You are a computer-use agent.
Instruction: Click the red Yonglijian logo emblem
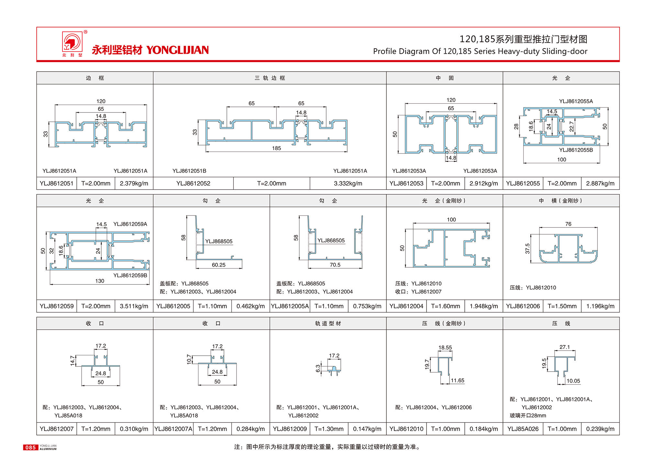[72, 42]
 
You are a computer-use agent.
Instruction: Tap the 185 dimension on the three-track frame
[276, 148]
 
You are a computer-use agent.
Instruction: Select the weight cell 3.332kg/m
[348, 183]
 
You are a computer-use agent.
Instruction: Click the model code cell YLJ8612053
[406, 183]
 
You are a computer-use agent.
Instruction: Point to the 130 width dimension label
[99, 281]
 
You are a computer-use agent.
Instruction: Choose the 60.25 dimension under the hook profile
[218, 265]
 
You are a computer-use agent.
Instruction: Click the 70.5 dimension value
[335, 265]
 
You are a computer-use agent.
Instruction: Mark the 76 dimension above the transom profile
[568, 224]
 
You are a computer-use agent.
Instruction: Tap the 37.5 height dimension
[528, 248]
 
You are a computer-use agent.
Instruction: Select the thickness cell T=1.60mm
[445, 306]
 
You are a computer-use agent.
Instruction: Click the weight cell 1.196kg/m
[600, 306]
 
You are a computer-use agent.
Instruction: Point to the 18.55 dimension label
[445, 348]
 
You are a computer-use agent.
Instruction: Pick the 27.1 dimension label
[564, 347]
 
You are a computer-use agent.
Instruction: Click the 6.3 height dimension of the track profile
[318, 368]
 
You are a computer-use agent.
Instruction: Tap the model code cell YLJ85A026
[523, 429]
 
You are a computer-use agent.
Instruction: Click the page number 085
[30, 447]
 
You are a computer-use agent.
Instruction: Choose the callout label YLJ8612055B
[576, 150]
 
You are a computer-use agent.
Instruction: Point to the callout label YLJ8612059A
[130, 224]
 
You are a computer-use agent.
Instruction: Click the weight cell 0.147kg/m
[367, 429]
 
